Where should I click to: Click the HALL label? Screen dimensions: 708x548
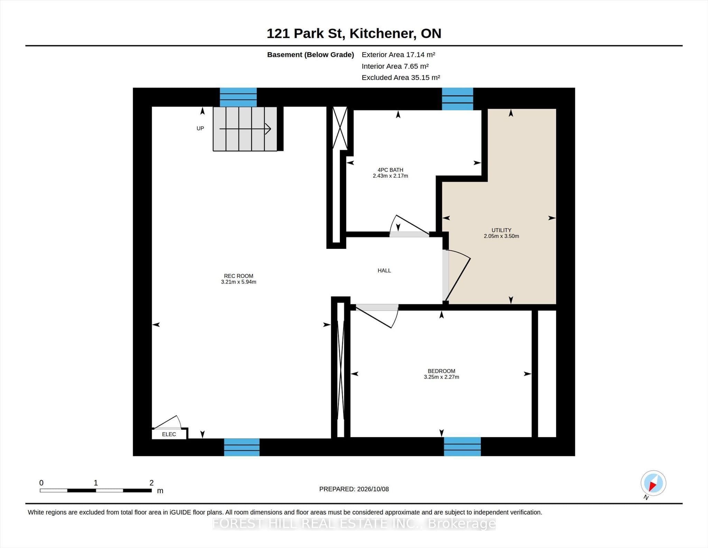pyautogui.click(x=384, y=270)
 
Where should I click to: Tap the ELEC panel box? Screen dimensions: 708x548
pyautogui.click(x=169, y=434)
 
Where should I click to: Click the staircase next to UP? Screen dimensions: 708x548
pyautogui.click(x=245, y=129)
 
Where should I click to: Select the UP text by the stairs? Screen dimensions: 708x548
pyautogui.click(x=200, y=128)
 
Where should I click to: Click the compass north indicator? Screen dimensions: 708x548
pyautogui.click(x=653, y=483)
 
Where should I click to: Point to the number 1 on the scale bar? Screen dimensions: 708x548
pyautogui.click(x=96, y=483)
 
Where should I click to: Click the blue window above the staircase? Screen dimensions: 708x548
pyautogui.click(x=238, y=97)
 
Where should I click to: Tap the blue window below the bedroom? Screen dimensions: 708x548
pyautogui.click(x=462, y=447)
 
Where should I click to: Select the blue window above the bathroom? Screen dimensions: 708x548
pyautogui.click(x=457, y=99)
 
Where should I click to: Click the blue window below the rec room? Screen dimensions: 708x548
pyautogui.click(x=242, y=447)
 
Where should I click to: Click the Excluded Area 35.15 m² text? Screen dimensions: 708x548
pyautogui.click(x=401, y=78)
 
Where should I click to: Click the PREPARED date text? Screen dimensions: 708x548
pyautogui.click(x=354, y=489)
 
